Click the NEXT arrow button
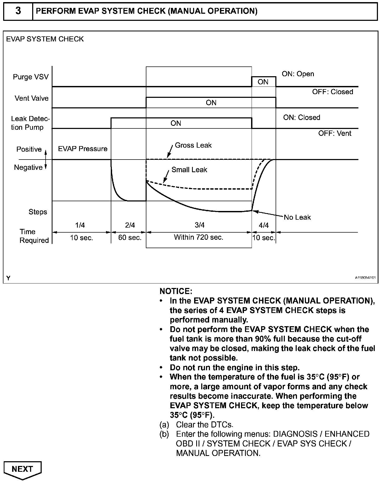(x=22, y=469)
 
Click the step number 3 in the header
(x=18, y=11)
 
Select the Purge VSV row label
(x=31, y=77)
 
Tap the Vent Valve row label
(x=32, y=98)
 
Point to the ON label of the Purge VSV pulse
(x=263, y=82)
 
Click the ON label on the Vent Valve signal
(x=211, y=103)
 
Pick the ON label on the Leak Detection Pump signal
(x=176, y=123)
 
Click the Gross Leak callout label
(x=193, y=145)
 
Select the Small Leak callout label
(x=189, y=170)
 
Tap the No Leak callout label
(x=297, y=218)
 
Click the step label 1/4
(x=80, y=225)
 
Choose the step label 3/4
(x=200, y=225)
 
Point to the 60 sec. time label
(x=130, y=238)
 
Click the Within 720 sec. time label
(x=199, y=237)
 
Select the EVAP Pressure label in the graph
(x=83, y=149)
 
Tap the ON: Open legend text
(x=298, y=74)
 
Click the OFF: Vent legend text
(x=335, y=133)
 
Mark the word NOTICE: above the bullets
(x=176, y=291)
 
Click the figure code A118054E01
(x=365, y=278)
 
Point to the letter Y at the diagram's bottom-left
(x=8, y=278)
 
